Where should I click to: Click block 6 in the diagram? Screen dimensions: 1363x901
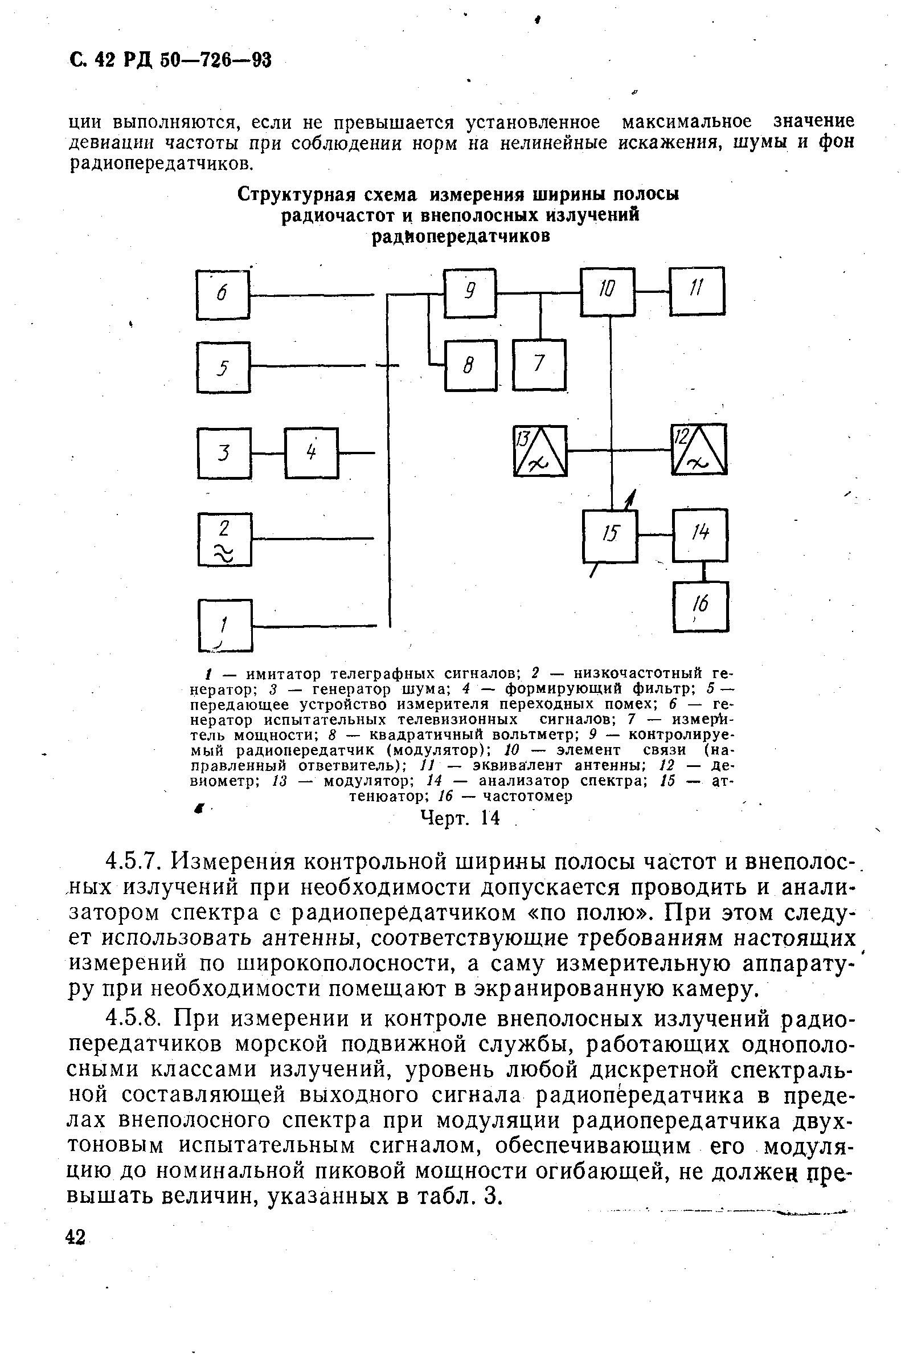pyautogui.click(x=223, y=295)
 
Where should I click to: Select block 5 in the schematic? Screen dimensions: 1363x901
pyautogui.click(x=223, y=367)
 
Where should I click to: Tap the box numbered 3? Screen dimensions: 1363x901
pyautogui.click(x=224, y=453)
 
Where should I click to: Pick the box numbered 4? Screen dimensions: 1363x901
pyautogui.click(x=312, y=453)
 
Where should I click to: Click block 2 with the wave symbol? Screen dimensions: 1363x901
pyautogui.click(x=224, y=539)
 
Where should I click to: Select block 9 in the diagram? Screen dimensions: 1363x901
pyautogui.click(x=469, y=293)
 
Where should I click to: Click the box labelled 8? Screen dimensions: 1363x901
pyautogui.click(x=470, y=366)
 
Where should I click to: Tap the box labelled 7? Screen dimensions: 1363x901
pyautogui.click(x=538, y=365)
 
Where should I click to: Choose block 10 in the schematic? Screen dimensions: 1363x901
pyautogui.click(x=607, y=291)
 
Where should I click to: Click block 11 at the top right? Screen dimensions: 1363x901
pyautogui.click(x=697, y=291)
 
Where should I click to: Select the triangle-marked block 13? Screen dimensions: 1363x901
pyautogui.click(x=539, y=451)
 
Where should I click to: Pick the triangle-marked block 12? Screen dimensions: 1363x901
pyautogui.click(x=699, y=449)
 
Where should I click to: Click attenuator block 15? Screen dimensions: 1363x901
pyautogui.click(x=609, y=536)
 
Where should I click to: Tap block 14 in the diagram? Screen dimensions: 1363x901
pyautogui.click(x=699, y=535)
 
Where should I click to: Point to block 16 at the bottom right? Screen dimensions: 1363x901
pyautogui.click(x=701, y=606)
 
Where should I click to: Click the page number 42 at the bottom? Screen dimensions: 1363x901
pyautogui.click(x=76, y=1237)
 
